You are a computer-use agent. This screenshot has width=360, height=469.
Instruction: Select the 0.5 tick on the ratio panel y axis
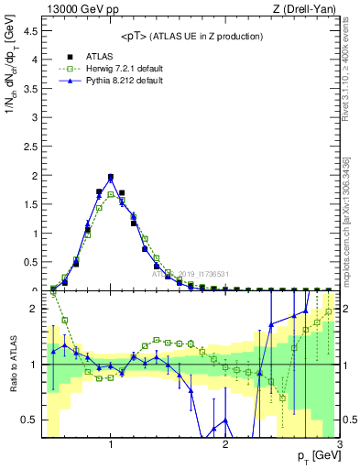32,420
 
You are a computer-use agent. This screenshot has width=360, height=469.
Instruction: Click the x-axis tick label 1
111,444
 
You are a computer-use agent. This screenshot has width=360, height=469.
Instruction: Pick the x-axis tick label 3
339,444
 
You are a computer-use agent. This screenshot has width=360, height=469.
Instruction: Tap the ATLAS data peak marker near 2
111,178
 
